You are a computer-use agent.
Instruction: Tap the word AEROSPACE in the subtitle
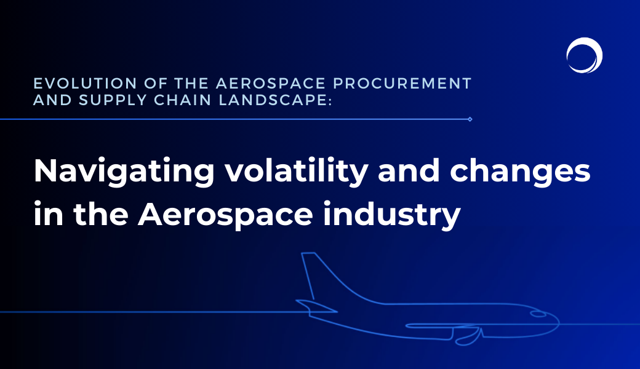coord(271,83)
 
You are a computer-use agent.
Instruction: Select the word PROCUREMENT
coord(402,83)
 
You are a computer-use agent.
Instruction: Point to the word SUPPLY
coord(113,100)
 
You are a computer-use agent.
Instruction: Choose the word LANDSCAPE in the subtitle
coord(273,100)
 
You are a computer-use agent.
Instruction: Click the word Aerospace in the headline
coord(225,215)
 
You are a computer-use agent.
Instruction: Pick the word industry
coord(392,215)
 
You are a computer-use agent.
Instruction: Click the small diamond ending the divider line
coord(470,119)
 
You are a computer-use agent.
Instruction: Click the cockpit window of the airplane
coord(538,314)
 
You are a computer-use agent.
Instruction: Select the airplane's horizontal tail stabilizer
coord(317,306)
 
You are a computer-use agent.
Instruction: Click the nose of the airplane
coord(557,322)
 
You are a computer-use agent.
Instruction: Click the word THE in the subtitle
coord(192,83)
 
